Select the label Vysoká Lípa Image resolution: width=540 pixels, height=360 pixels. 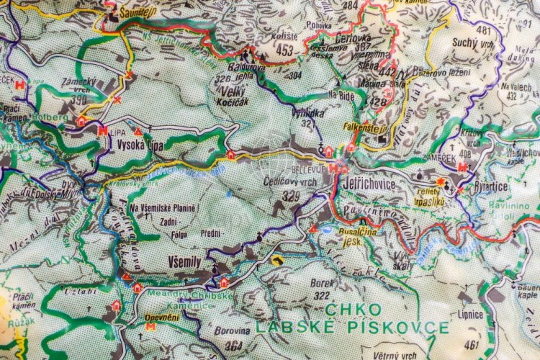point(138,144)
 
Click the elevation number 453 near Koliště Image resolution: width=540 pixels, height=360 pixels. point(284,50)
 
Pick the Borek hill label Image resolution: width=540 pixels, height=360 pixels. point(322,283)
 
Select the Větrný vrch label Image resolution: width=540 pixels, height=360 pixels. point(395,355)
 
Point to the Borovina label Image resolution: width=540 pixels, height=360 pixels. point(233,331)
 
